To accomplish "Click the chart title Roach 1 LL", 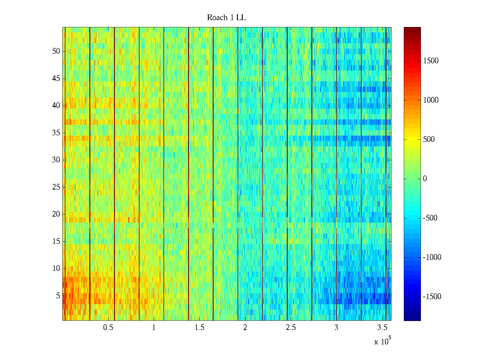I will point(226,18).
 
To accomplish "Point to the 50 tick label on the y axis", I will point(56,51).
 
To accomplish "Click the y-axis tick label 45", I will point(56,79).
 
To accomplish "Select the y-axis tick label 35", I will point(56,133).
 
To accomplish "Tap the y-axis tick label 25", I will point(56,187).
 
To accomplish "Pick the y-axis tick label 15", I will point(56,241).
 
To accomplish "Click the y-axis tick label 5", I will point(58,296).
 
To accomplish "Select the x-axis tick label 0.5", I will point(108,328).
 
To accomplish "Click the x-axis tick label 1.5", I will point(199,328).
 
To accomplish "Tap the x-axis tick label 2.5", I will point(291,328).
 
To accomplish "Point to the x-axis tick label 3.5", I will point(382,328).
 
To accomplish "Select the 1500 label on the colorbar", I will point(430,61).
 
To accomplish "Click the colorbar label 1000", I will point(430,100).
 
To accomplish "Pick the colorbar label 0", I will point(425,179).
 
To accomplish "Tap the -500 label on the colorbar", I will point(430,218).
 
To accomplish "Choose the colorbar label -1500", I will point(432,297).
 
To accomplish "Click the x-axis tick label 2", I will point(245,328).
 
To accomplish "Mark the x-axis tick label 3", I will point(336,328).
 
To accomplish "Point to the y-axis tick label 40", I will point(56,106).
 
